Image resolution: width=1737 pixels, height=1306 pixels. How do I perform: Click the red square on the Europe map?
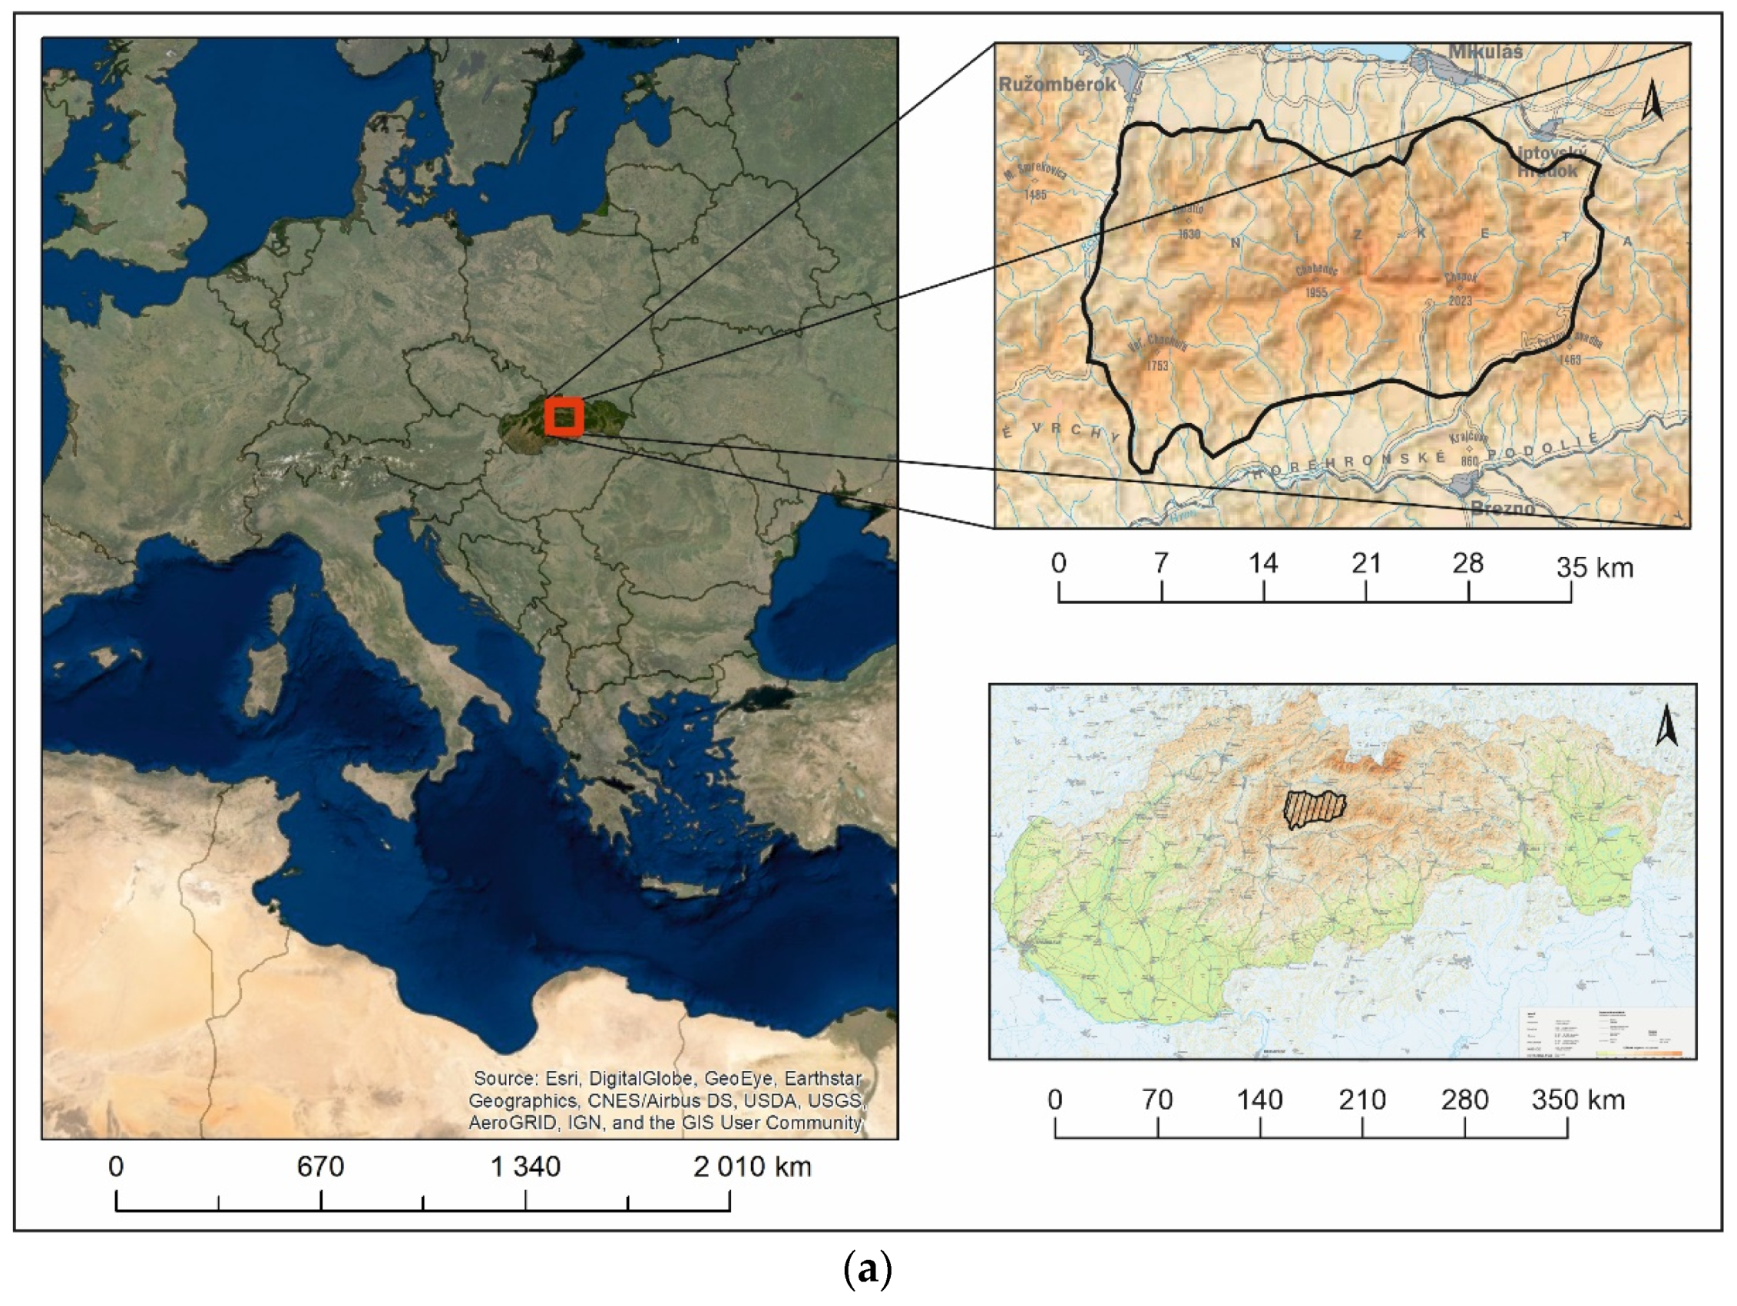[564, 417]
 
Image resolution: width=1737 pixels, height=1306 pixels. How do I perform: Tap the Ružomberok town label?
[1056, 84]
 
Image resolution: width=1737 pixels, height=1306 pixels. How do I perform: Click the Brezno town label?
[1502, 508]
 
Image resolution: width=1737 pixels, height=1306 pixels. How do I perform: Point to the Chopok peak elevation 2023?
[1461, 301]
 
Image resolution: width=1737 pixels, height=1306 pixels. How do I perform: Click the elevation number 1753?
[1156, 366]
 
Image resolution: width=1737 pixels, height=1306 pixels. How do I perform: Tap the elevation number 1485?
[1036, 195]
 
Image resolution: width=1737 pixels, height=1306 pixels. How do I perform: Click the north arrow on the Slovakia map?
[1666, 726]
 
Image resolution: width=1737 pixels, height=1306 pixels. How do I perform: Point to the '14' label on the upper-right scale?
[1262, 563]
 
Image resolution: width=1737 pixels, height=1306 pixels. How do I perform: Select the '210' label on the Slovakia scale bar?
[1361, 1100]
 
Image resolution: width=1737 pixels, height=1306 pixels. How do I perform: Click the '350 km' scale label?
[1577, 1100]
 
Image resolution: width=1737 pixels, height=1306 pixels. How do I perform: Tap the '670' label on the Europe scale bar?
[320, 1167]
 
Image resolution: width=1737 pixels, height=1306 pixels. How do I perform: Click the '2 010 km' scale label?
[752, 1167]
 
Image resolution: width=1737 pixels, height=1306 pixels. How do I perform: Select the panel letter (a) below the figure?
[867, 1268]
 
